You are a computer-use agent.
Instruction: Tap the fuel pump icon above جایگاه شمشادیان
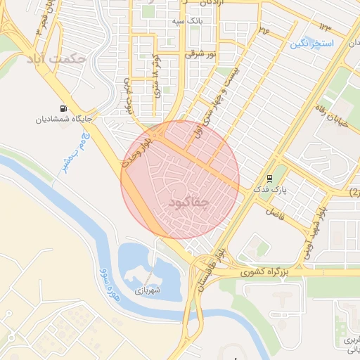click(65, 108)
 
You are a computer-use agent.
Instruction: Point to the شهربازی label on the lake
click(149, 290)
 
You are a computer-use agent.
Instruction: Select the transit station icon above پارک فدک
click(270, 178)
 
